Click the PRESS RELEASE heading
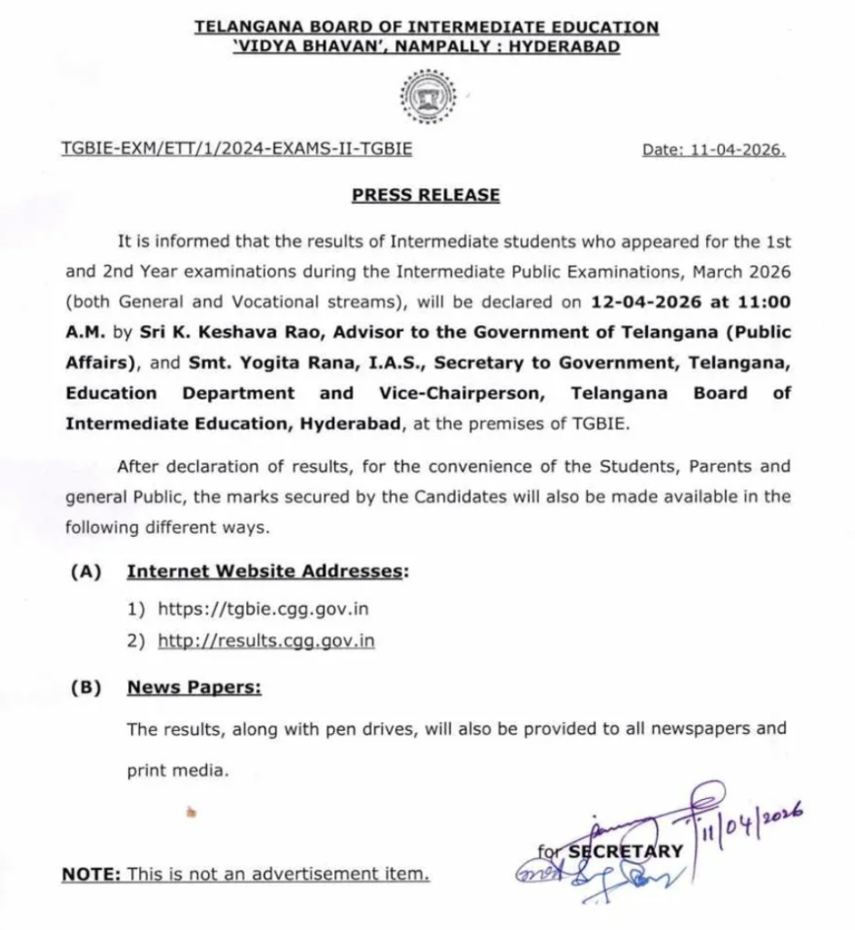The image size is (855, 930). (426, 194)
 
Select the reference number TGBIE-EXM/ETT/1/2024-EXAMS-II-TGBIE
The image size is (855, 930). (236, 148)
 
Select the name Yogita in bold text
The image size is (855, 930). (280, 363)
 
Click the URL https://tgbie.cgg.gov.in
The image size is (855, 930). (263, 608)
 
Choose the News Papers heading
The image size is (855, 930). (194, 688)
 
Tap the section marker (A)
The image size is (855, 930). (86, 572)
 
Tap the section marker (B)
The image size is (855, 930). (86, 688)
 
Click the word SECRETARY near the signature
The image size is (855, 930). (625, 851)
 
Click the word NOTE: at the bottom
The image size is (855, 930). (91, 875)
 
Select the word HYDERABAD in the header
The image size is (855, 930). (563, 46)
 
